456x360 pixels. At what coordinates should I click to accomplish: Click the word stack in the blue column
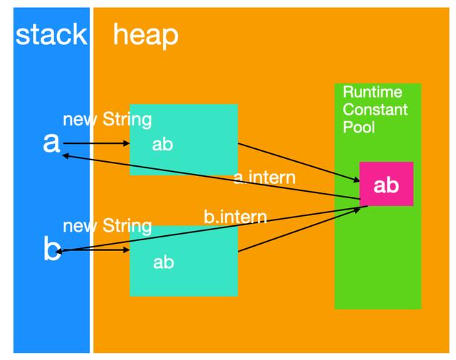[x=51, y=34]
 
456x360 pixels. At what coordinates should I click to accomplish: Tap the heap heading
[x=145, y=34]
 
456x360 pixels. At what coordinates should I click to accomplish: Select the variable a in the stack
[x=51, y=143]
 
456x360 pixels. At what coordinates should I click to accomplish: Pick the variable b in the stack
[x=51, y=250]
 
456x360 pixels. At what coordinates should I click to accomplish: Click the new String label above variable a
[x=107, y=119]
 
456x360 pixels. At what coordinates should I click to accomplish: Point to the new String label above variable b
[x=107, y=227]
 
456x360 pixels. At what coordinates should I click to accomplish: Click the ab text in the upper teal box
[x=162, y=144]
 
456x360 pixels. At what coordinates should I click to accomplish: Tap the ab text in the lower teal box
[x=163, y=262]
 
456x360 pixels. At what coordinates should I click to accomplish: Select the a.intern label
[x=264, y=178]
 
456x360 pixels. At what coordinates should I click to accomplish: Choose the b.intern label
[x=235, y=217]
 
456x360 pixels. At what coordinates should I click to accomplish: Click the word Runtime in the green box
[x=372, y=93]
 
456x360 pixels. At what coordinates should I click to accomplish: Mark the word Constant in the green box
[x=375, y=110]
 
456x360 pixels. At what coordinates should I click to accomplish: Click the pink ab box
[x=386, y=185]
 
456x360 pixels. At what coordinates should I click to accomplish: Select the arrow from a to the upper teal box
[x=96, y=143]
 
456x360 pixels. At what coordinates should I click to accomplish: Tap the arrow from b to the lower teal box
[x=96, y=250]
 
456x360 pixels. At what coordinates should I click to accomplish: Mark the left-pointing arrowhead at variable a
[x=66, y=154]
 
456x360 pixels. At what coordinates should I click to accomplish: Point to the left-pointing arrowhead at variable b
[x=63, y=251]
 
